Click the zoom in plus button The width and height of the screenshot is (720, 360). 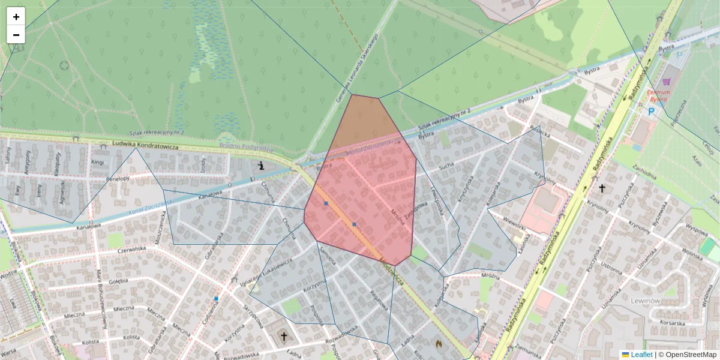pyautogui.click(x=16, y=17)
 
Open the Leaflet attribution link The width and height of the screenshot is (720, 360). pyautogui.click(x=641, y=355)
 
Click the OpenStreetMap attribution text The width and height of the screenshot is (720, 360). pyautogui.click(x=690, y=355)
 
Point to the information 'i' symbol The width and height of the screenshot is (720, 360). pyautogui.click(x=261, y=166)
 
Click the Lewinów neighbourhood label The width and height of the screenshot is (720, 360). pyautogui.click(x=646, y=300)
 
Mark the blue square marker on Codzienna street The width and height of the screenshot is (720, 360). pyautogui.click(x=216, y=298)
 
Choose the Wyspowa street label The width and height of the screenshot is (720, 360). pyautogui.click(x=696, y=230)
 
